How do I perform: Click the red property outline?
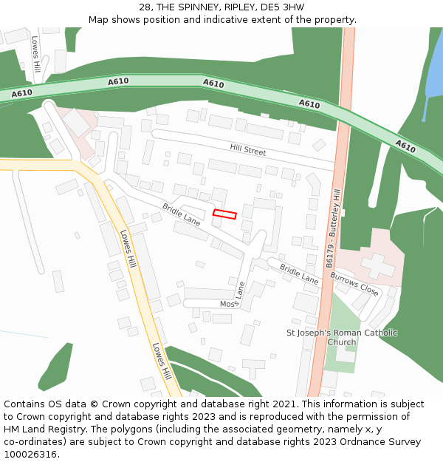225,214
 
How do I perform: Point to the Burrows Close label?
354,285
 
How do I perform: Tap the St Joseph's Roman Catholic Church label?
341,337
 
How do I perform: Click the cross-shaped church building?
378,265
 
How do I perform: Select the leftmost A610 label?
22,93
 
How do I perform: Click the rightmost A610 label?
405,146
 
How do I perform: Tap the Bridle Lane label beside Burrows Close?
299,274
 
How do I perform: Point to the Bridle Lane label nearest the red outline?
182,214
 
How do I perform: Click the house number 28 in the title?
145,7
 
